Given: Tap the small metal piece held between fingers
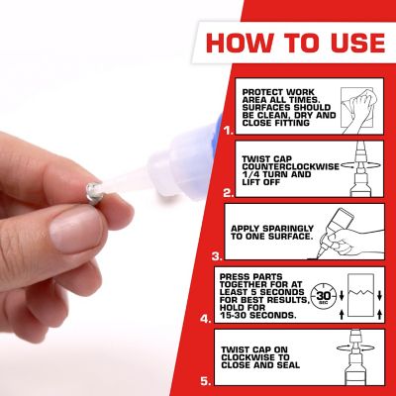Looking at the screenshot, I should coord(93,184).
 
